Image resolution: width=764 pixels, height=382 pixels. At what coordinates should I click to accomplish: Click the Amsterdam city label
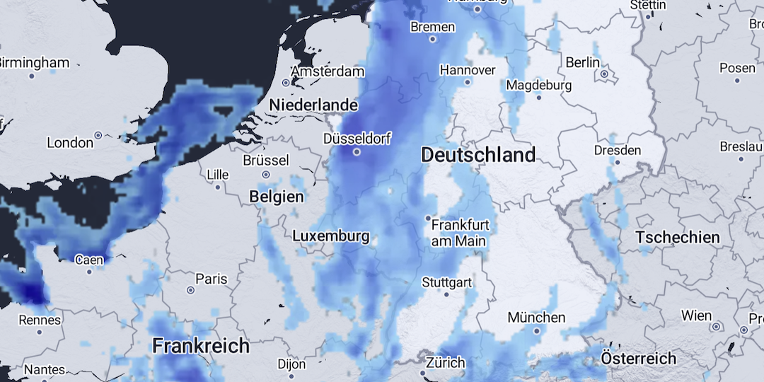coord(328,71)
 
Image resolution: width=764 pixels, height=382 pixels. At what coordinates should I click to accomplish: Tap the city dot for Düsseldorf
coord(357,151)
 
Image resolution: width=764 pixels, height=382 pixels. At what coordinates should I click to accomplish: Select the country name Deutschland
coord(478,155)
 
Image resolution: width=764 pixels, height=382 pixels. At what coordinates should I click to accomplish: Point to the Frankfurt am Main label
coord(460,233)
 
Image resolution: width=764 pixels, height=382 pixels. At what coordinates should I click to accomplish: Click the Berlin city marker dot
coord(604,74)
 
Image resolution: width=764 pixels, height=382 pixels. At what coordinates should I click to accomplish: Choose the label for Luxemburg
coord(330,236)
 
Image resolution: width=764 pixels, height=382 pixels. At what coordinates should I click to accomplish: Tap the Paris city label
coord(211,279)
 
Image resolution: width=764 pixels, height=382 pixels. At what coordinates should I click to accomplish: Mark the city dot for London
coord(98,134)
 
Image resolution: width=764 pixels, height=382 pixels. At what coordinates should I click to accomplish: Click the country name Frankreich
coord(201,346)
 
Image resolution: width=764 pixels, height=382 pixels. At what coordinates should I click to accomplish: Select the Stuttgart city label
coord(446,282)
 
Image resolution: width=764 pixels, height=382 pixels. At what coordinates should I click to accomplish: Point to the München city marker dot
coord(536,330)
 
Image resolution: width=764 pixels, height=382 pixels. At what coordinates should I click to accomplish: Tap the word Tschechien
coord(677,237)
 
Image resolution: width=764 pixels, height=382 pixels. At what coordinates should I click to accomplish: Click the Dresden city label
coord(618,150)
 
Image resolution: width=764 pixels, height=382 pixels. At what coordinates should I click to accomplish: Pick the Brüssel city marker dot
coord(266,174)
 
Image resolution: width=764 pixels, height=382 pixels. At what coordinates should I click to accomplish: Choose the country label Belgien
coord(277,197)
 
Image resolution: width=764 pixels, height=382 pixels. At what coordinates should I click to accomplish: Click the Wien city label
coord(696,315)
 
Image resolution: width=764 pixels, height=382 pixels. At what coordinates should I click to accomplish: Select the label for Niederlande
coord(313,105)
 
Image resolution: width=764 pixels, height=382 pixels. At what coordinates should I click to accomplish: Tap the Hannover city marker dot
coord(468,81)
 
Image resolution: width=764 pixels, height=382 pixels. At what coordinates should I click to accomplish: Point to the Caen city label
coord(89,260)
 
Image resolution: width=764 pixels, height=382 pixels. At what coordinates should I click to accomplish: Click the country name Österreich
coord(638,358)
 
